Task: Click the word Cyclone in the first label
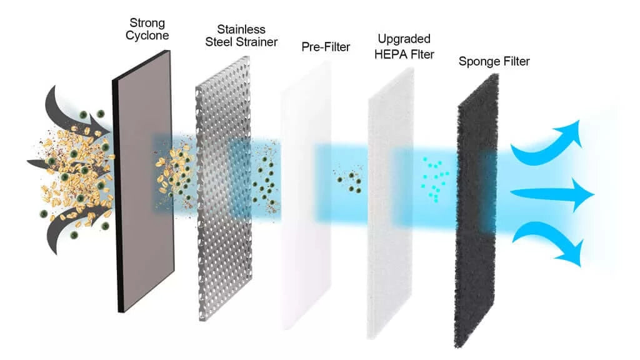[x=147, y=36]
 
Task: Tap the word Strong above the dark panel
[x=147, y=23]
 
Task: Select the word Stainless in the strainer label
[x=241, y=29]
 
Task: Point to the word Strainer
[x=256, y=42]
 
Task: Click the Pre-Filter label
[x=326, y=46]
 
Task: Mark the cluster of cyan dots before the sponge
[x=435, y=178]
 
